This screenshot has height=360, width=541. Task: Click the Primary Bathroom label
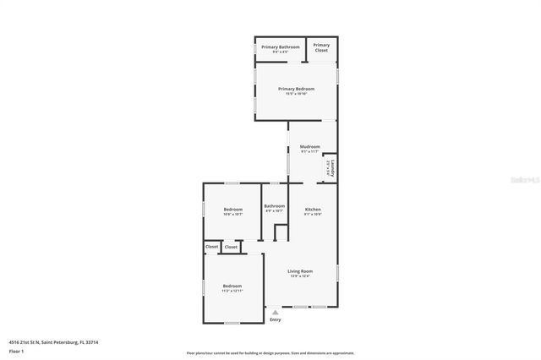[x=280, y=46]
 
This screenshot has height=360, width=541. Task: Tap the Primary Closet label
[x=321, y=47]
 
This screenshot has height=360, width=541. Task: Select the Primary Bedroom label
[x=296, y=89]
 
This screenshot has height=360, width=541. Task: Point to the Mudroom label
[x=310, y=146]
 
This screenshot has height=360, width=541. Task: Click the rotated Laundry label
[x=333, y=167]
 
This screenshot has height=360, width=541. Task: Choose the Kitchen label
[x=313, y=209]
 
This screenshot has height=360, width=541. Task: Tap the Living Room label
[x=299, y=271]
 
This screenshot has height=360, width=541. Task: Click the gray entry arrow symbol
[x=275, y=312]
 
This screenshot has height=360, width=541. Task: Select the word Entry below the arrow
[x=275, y=320]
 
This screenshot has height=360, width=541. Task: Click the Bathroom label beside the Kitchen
[x=274, y=206]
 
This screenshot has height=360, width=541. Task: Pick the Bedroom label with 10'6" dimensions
[x=232, y=209]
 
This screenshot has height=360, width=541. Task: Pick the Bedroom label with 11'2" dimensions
[x=232, y=286]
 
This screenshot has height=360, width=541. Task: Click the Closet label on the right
[x=231, y=247]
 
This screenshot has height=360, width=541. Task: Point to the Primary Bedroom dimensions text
[x=296, y=94]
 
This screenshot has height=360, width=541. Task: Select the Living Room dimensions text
[x=299, y=276]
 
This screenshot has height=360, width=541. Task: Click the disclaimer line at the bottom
[x=270, y=353]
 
